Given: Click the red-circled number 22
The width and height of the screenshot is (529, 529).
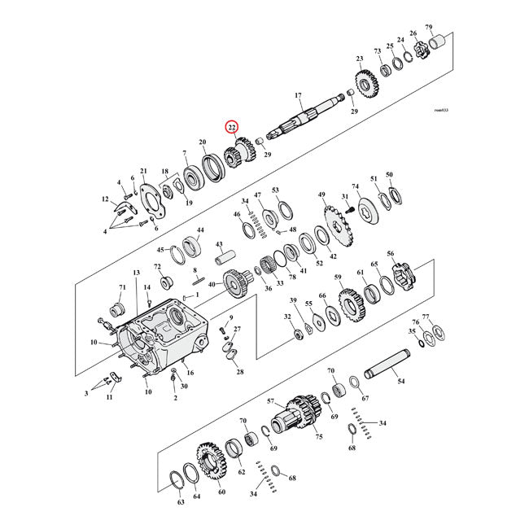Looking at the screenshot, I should coord(232,127).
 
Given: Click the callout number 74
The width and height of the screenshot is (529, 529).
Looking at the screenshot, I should coord(355,186).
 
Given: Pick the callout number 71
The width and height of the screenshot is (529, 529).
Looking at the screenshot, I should coord(122,288).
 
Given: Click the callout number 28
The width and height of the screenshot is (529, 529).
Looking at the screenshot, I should coord(239,372).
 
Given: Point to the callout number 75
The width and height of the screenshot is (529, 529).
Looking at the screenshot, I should coord(319,436).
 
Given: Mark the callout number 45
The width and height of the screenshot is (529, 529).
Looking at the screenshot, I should coord(160,250).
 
